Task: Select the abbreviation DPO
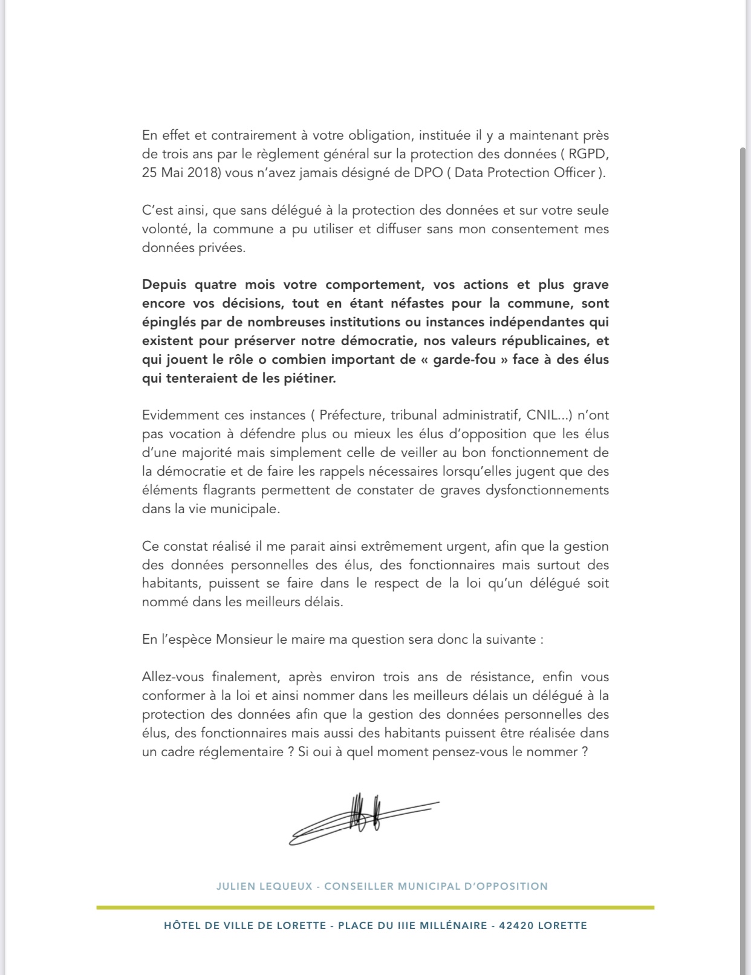pyautogui.click(x=428, y=172)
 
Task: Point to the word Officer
pyautogui.click(x=574, y=172)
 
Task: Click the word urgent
pyautogui.click(x=468, y=546)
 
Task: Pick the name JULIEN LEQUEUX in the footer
pyautogui.click(x=264, y=886)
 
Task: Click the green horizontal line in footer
pyautogui.click(x=375, y=907)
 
